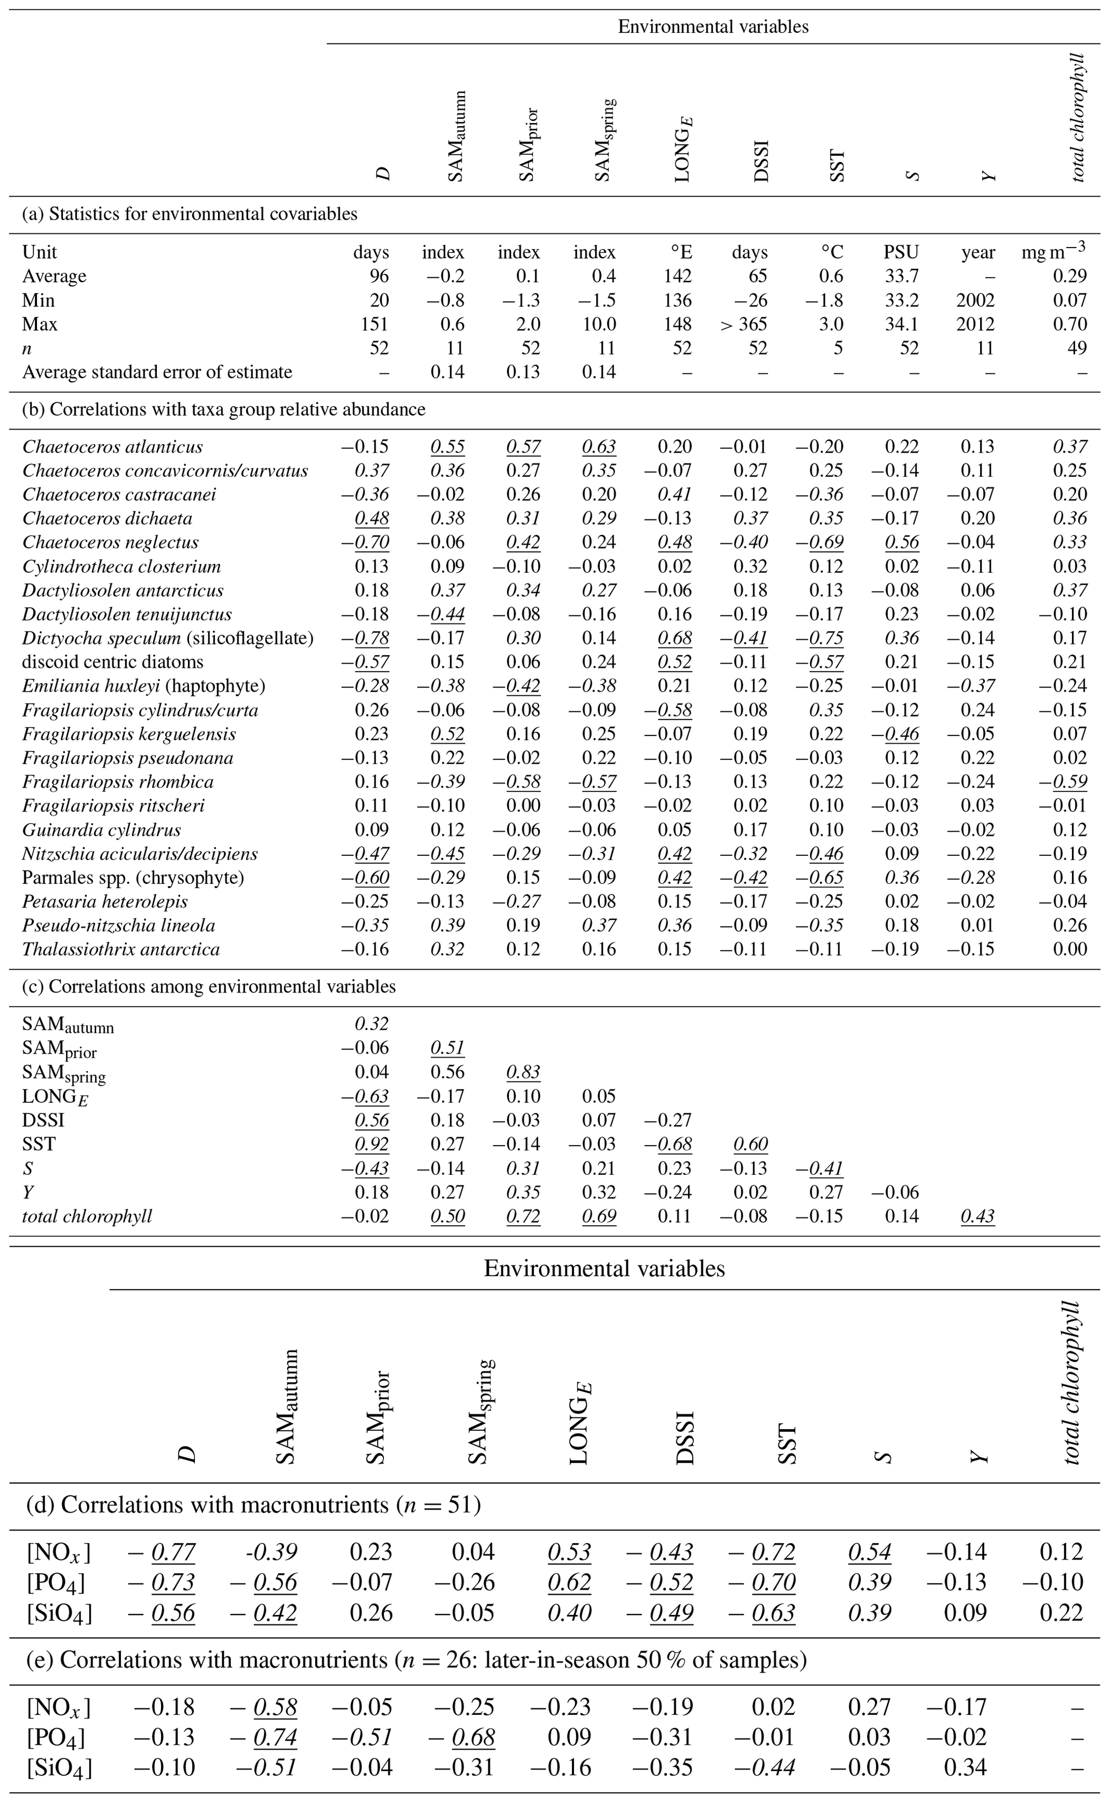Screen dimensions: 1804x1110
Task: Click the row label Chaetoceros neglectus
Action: (110, 542)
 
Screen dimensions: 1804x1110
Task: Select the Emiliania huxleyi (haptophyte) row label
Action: (143, 686)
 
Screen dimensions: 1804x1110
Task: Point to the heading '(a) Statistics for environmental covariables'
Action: (190, 214)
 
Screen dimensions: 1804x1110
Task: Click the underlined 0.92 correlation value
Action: (372, 1144)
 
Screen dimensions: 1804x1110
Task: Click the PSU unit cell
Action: (901, 252)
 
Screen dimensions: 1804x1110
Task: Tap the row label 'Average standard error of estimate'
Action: (157, 372)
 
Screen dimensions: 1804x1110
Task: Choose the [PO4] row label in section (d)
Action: (56, 1582)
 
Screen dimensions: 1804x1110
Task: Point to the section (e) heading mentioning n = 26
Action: (416, 1660)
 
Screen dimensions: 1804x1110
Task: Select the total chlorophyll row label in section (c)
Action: (86, 1216)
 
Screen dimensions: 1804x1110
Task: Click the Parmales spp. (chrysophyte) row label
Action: (133, 877)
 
